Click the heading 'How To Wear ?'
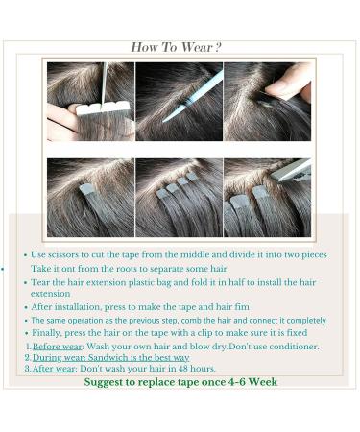[x=177, y=47]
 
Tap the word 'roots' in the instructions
[x=130, y=269]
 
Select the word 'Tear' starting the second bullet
[x=41, y=283]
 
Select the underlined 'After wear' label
[x=53, y=369]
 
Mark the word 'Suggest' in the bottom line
[x=106, y=382]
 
